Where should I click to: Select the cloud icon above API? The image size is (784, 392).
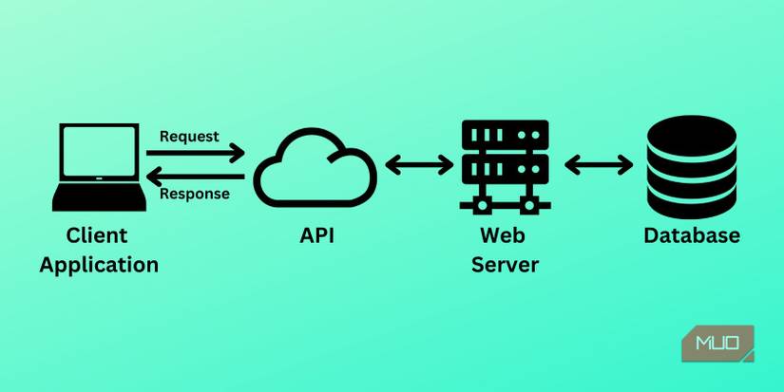click(x=316, y=168)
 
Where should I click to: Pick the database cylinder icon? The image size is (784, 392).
click(x=691, y=168)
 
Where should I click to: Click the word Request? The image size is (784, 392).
click(x=189, y=136)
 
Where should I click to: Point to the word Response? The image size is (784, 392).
click(x=195, y=195)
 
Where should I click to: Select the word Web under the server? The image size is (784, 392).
click(x=505, y=235)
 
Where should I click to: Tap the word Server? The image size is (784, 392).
click(x=505, y=264)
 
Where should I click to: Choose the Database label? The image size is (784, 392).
click(x=691, y=235)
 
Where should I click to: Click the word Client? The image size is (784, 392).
click(x=97, y=235)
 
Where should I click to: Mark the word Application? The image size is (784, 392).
click(x=99, y=264)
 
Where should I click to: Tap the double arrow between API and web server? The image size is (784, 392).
click(x=419, y=165)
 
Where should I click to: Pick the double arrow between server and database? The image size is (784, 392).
click(x=599, y=165)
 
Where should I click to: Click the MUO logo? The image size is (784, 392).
click(x=717, y=344)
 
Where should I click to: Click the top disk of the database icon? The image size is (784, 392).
click(x=691, y=138)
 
